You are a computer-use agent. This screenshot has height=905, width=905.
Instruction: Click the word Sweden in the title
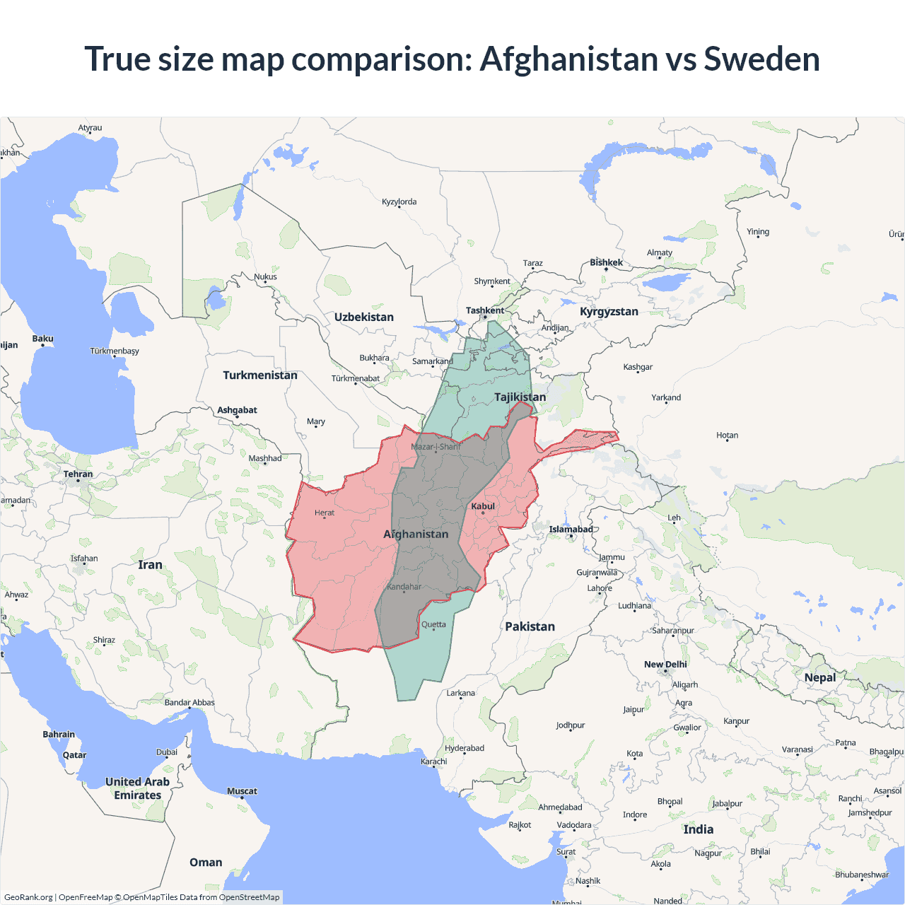coord(761,59)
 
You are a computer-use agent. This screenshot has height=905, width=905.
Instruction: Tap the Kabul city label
coord(483,506)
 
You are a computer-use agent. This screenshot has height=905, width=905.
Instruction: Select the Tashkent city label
coord(485,310)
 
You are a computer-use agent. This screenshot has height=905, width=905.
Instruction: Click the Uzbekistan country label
coord(364,317)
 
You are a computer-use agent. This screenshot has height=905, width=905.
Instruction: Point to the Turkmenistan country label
coord(260,375)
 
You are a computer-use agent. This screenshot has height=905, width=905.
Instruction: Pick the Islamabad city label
coord(571,529)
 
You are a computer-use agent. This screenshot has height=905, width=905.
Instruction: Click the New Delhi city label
coord(665,665)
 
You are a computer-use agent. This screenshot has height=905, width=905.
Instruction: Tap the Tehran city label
coord(78,474)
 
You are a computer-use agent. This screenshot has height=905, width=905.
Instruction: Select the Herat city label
coord(325,513)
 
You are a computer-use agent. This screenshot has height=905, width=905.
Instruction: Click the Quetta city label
coord(433,624)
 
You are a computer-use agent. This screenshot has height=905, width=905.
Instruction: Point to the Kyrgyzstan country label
coord(609,312)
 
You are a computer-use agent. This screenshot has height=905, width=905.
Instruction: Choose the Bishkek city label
coord(606,262)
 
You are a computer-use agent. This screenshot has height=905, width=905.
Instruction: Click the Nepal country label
coord(819,677)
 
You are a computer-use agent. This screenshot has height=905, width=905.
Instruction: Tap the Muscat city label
coord(242,791)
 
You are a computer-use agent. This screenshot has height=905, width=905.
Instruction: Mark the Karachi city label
coord(433,761)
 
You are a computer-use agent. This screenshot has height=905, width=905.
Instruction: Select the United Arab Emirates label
coord(137,788)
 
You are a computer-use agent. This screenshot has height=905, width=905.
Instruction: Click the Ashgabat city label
coord(237,410)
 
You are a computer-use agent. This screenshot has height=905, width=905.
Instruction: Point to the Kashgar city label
coord(638,367)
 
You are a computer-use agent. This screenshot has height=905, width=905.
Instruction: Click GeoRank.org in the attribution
coord(28,897)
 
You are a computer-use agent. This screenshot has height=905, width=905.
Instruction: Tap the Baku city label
coord(42,339)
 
